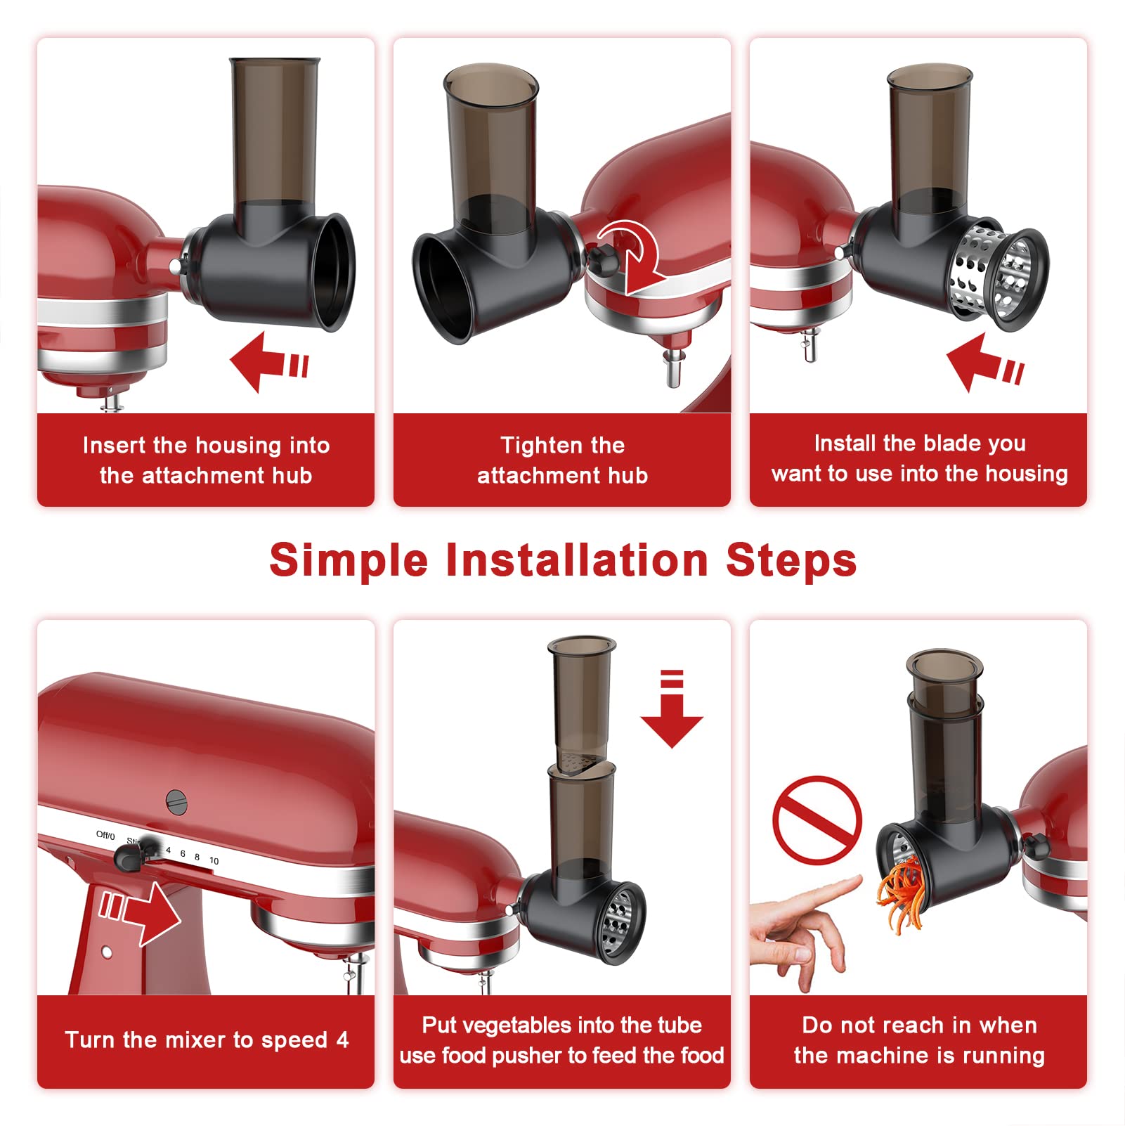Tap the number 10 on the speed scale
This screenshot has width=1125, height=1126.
click(x=214, y=861)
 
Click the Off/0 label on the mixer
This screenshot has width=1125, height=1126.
click(x=105, y=835)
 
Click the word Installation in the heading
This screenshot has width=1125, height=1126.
click(x=577, y=560)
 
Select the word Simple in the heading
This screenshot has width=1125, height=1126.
click(x=349, y=562)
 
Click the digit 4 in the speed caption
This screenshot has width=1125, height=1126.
click(x=342, y=1040)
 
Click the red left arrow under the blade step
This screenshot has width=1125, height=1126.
click(x=984, y=362)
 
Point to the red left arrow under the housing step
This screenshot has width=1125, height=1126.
click(x=269, y=362)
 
